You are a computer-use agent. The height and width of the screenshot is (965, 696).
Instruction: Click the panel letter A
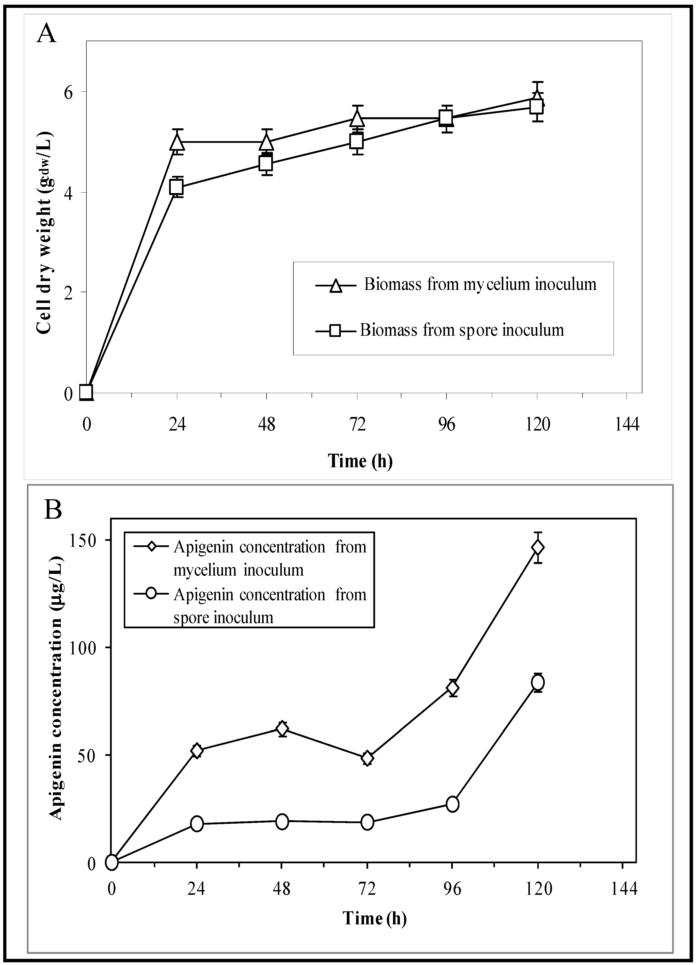47,33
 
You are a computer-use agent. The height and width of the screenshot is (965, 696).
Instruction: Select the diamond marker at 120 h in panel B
538,548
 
